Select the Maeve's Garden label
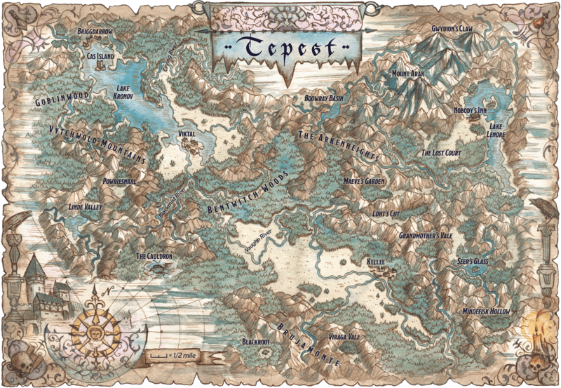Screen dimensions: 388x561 365,180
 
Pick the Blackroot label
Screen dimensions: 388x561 255,342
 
